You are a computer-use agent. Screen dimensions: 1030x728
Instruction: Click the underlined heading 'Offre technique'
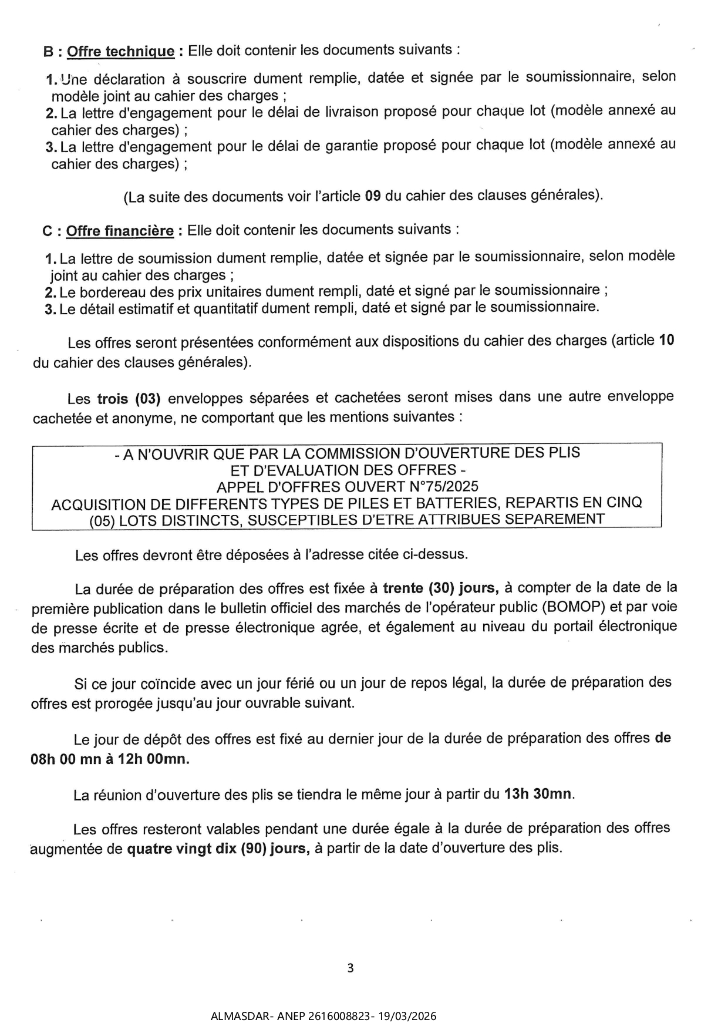[120, 51]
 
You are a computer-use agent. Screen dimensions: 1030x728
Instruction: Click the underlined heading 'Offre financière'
[120, 231]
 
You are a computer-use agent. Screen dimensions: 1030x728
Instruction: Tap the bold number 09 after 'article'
[373, 196]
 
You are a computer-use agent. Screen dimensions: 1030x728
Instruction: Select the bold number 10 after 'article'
[666, 341]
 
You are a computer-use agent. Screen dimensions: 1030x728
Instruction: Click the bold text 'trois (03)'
[129, 399]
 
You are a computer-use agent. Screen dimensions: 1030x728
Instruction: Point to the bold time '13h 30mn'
[538, 794]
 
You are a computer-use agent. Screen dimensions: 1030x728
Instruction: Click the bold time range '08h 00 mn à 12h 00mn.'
[110, 759]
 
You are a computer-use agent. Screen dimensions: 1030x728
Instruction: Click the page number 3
[350, 968]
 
